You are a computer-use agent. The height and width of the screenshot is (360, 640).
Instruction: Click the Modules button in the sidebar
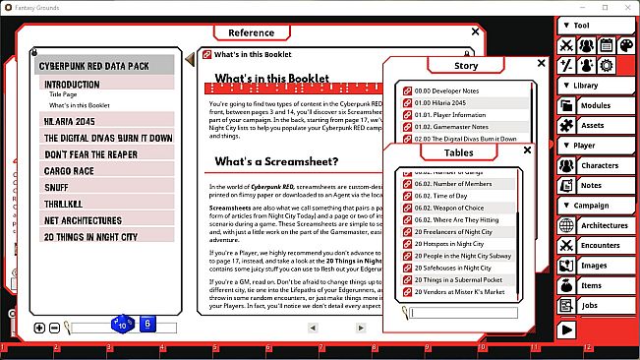coord(596,105)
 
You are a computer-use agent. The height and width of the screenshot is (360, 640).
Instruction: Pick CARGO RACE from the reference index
coord(70,171)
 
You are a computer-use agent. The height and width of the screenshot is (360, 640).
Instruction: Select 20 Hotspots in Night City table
coord(449,243)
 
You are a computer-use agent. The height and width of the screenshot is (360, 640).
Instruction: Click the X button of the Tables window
coord(526,150)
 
